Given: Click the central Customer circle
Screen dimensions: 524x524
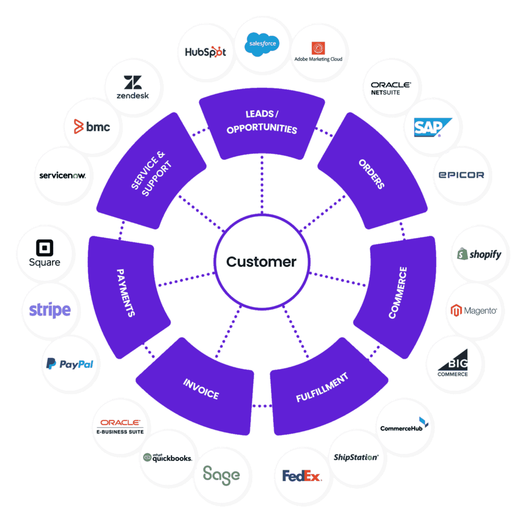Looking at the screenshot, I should pos(261,262).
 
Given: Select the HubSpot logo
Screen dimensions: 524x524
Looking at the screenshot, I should pos(205,52).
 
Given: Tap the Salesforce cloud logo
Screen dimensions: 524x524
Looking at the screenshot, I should pos(262,43).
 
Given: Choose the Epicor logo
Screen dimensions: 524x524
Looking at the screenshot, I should pos(461,174).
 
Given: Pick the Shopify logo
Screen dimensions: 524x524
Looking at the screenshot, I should pos(479,254).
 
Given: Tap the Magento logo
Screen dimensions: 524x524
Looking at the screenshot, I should pos(473,311).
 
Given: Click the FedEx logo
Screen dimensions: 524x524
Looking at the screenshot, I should pos(301,476).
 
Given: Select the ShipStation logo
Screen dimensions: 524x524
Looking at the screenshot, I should pos(356,457).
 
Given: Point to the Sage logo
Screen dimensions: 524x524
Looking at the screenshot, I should pos(221,475).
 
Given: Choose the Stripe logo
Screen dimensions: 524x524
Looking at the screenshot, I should pos(50,310).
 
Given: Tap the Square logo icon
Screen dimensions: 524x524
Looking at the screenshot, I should pos(45,249).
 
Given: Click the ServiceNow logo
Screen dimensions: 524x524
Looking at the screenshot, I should pos(62,176).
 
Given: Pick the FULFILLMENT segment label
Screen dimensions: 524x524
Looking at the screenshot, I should pos(322,387).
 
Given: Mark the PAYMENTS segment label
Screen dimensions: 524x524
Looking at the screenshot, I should pos(125,292).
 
